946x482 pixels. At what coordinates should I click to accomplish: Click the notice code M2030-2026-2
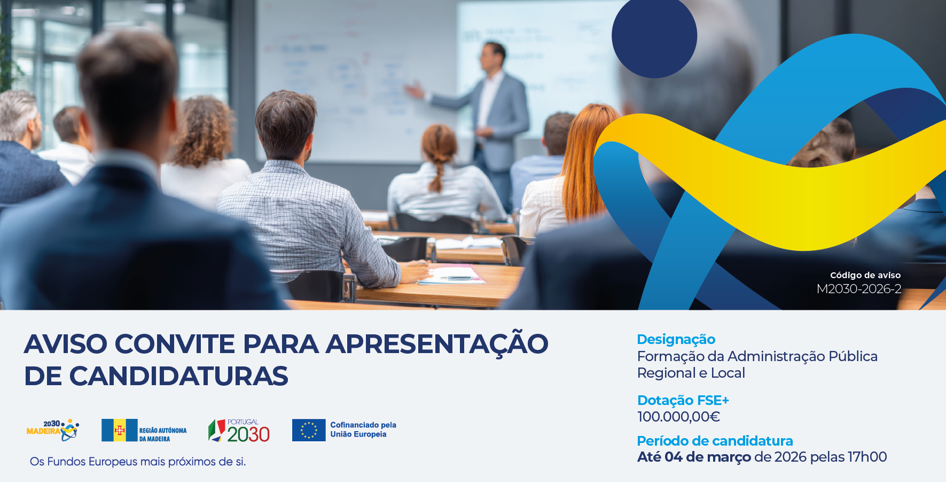pos(858,289)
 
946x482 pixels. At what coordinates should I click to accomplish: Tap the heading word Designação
pos(676,340)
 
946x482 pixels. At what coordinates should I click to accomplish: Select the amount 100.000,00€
pos(678,417)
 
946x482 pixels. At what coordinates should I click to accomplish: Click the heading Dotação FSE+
pos(683,400)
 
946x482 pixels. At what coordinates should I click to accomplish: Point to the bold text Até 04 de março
pos(694,457)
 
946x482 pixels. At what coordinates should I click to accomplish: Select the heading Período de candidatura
pos(715,441)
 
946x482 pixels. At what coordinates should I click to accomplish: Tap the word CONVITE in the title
pos(175,344)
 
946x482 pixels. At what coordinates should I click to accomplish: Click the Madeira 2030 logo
pos(53,430)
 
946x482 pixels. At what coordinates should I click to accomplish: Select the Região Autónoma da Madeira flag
pos(119,430)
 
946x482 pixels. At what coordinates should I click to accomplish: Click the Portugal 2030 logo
pos(239,431)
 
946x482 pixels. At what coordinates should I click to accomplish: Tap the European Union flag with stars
pos(308,430)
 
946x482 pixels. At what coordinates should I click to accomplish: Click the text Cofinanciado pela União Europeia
pos(363,430)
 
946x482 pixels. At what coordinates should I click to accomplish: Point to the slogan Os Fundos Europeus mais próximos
pos(138,462)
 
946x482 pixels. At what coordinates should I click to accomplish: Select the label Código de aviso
pos(865,276)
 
